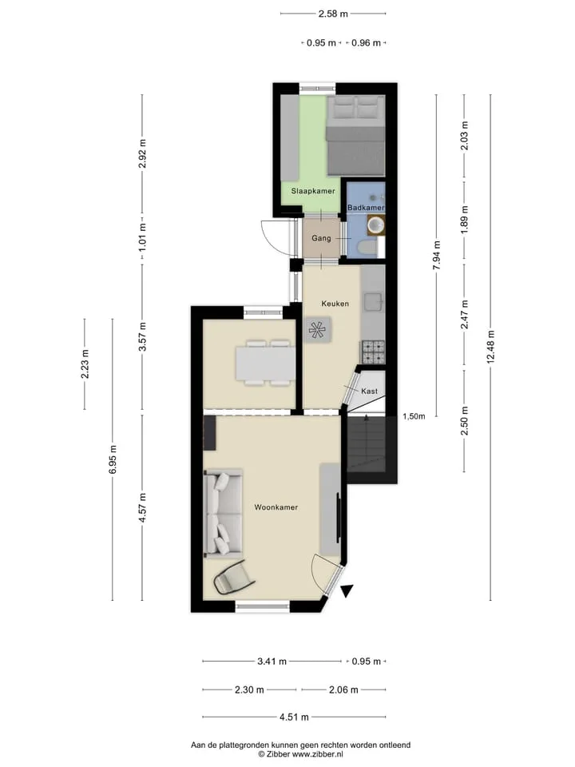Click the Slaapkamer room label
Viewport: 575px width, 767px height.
[313, 191]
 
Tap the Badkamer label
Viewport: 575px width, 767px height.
[366, 208]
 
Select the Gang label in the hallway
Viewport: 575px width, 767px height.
[321, 238]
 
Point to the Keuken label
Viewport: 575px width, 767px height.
[335, 304]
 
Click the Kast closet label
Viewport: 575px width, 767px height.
[369, 391]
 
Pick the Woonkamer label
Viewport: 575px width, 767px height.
[276, 507]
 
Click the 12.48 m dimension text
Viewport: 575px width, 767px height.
[490, 346]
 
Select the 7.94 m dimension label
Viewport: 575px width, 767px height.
[437, 255]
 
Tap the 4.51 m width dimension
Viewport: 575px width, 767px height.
[294, 717]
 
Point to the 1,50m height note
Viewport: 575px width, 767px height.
[414, 416]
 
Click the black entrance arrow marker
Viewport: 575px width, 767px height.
[347, 591]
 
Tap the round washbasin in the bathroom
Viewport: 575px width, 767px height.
[376, 225]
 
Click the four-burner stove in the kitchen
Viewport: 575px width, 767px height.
[373, 352]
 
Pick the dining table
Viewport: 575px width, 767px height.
[265, 363]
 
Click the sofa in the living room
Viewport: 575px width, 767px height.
[223, 514]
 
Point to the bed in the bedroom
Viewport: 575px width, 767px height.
[355, 136]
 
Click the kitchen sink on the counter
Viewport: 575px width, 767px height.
[374, 301]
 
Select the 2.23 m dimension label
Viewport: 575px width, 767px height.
[85, 364]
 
